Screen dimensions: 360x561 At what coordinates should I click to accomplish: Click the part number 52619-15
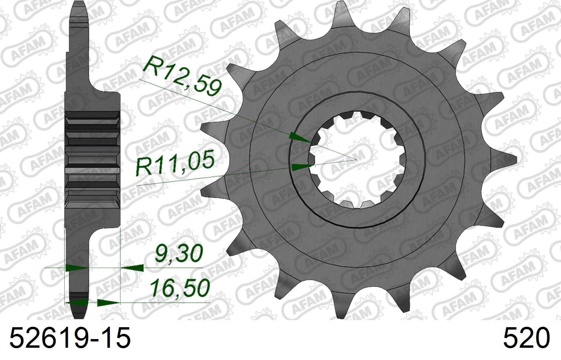pos(69,339)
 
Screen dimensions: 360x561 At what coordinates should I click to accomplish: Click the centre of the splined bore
pos(357,159)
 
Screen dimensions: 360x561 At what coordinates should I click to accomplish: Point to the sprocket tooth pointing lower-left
pos(233,249)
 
